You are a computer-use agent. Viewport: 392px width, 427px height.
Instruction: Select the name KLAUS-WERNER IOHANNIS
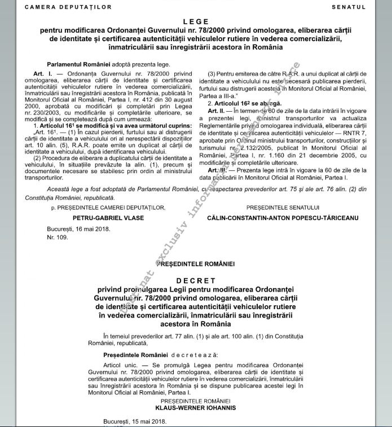(196, 407)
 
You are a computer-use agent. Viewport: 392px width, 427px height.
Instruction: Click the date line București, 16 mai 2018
(79, 229)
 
